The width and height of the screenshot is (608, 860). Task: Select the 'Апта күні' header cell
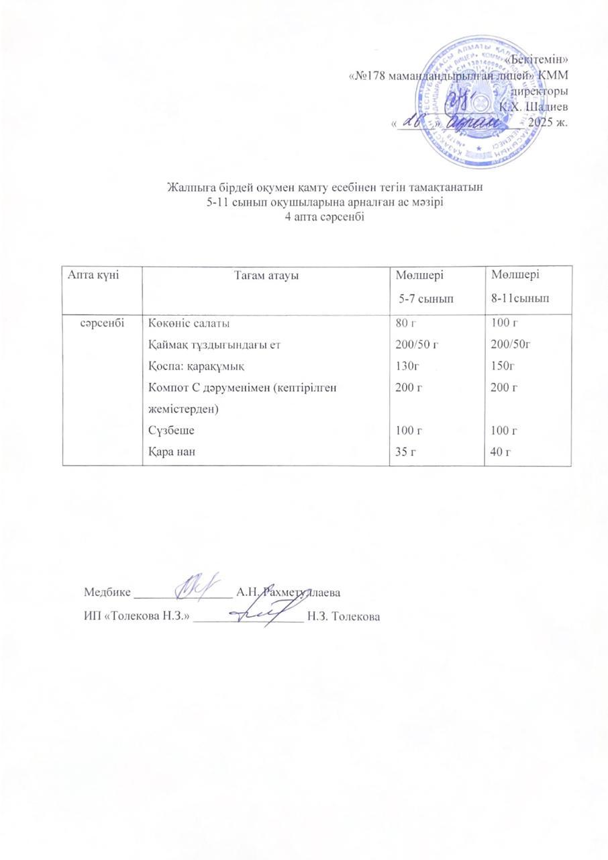pos(91,275)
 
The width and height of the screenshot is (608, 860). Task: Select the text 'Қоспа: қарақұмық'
pos(186,366)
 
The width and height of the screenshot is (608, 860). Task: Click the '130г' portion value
pos(408,366)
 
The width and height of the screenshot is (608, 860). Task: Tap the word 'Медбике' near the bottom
pos(107,593)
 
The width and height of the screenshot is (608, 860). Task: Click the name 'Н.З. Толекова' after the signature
pos(342,616)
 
